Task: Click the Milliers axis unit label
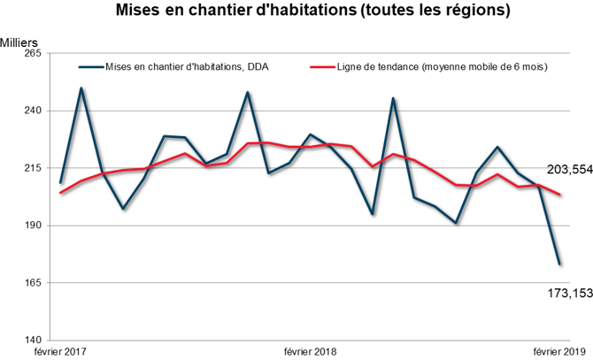[x=19, y=42]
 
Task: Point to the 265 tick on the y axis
[x=35, y=54]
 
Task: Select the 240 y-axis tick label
[x=35, y=111]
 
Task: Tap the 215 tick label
[x=35, y=168]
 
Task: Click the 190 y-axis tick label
[x=35, y=226]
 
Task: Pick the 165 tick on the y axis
[x=35, y=283]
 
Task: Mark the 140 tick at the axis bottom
[x=35, y=340]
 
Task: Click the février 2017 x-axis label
[x=60, y=352]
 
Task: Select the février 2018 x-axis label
[x=310, y=352]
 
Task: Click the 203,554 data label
[x=566, y=170]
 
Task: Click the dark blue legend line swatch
[x=90, y=67]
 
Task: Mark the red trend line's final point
[x=560, y=195]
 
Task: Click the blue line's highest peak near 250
[x=81, y=88]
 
